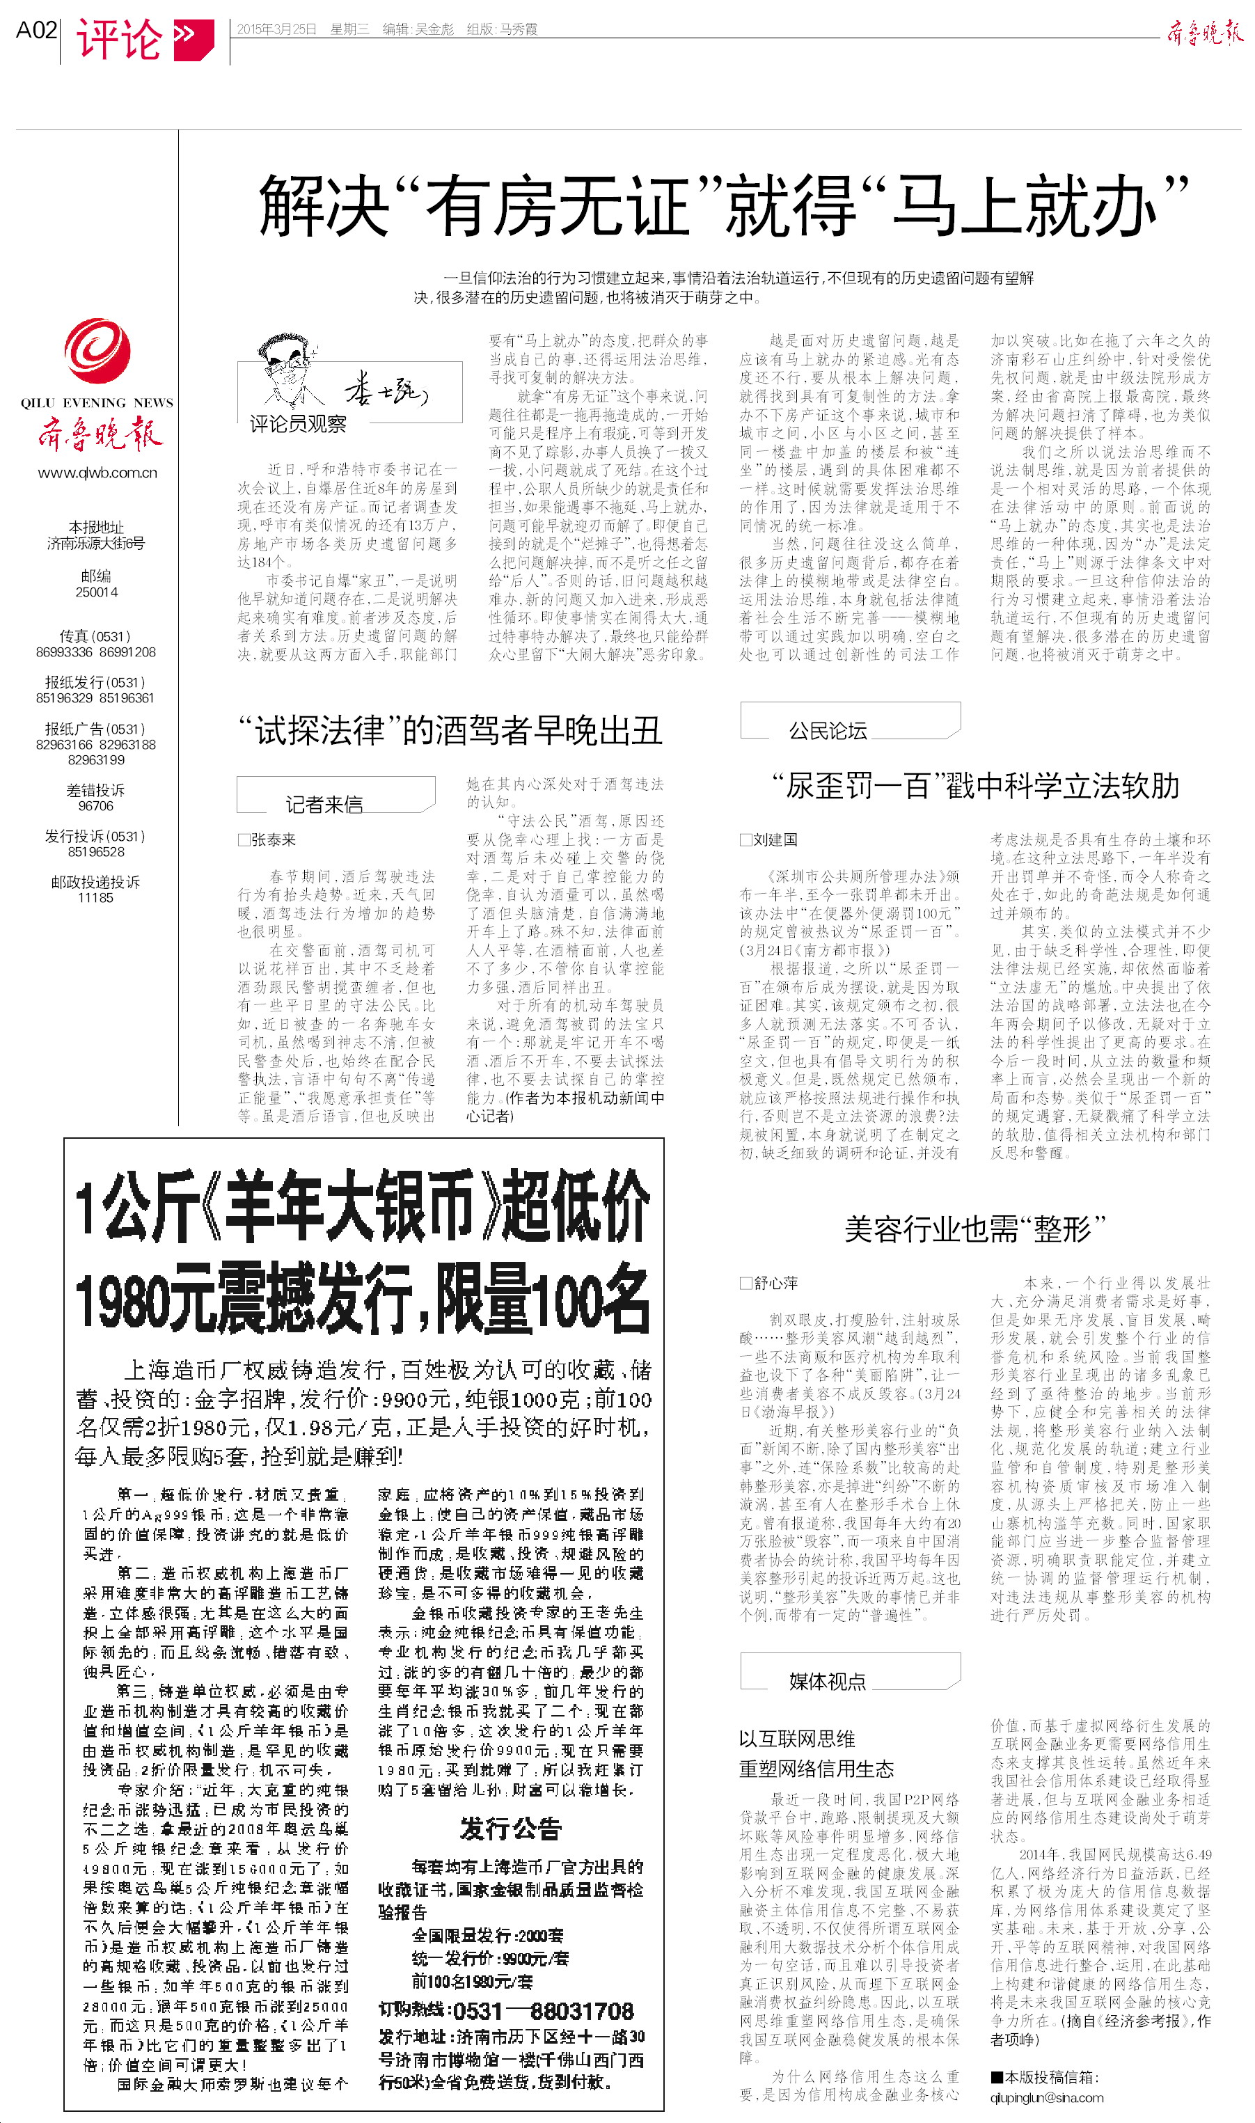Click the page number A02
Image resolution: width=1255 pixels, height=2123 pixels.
36,31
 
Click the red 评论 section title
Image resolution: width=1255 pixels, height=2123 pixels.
119,38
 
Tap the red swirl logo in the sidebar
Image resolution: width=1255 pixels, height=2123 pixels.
97,352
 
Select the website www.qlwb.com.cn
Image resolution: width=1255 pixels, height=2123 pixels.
97,473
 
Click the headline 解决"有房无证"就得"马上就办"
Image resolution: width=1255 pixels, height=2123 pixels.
723,205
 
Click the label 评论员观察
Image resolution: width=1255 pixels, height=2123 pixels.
298,424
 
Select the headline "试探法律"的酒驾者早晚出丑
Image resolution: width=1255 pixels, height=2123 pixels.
450,730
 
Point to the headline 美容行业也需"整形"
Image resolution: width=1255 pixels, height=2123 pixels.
975,1229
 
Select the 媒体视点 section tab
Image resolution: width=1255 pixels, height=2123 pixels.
827,1681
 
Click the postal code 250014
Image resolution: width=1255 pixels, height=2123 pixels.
97,592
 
